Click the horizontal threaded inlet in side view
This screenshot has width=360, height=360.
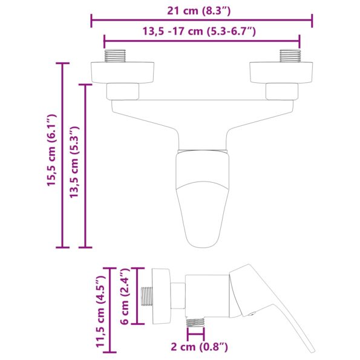coord(147,296)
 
